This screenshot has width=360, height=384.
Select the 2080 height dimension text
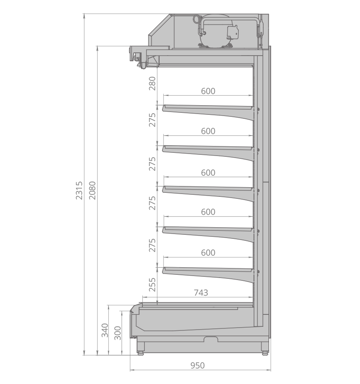click(x=92, y=190)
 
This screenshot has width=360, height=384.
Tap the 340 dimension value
click(x=105, y=330)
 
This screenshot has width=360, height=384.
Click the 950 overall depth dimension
click(x=197, y=365)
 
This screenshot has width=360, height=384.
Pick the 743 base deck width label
click(x=201, y=293)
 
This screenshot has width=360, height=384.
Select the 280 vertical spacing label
click(x=152, y=83)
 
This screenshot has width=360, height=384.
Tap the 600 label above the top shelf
click(x=208, y=91)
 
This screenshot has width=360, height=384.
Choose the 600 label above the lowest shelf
click(x=208, y=252)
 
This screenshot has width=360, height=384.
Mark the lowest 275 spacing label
click(x=152, y=244)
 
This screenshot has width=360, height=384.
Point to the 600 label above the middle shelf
click(x=208, y=172)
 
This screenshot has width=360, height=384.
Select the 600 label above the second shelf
click(x=208, y=131)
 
